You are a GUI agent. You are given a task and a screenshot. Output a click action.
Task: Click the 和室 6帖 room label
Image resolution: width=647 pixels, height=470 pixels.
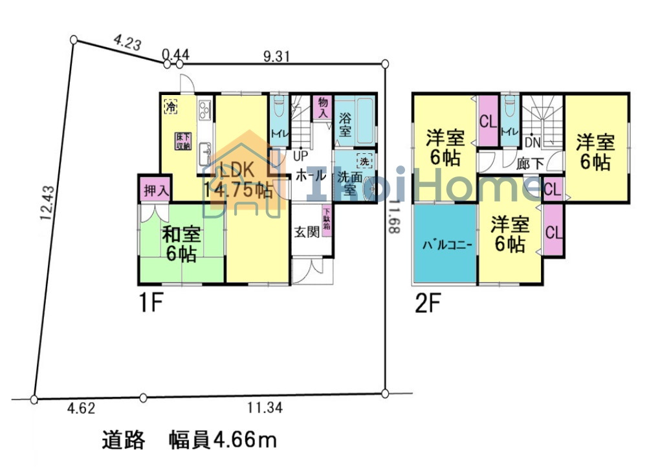(181, 244)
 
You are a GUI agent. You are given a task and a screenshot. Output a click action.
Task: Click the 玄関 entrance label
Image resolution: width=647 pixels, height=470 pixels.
(307, 232)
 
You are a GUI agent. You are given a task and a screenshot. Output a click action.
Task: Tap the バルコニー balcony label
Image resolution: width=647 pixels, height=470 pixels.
(445, 245)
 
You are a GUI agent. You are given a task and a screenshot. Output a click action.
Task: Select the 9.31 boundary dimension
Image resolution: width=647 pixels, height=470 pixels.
(276, 56)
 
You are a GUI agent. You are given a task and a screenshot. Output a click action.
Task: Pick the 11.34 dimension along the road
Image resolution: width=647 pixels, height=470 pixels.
(265, 409)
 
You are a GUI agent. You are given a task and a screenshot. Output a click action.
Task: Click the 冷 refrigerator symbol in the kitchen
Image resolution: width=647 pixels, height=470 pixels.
(170, 107)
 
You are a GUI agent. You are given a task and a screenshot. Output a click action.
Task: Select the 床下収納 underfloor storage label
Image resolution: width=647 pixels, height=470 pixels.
(182, 142)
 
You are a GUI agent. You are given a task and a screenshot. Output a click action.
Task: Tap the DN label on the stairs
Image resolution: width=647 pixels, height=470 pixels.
(532, 142)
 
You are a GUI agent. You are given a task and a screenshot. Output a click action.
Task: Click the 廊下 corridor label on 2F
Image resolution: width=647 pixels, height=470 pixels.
(531, 164)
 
